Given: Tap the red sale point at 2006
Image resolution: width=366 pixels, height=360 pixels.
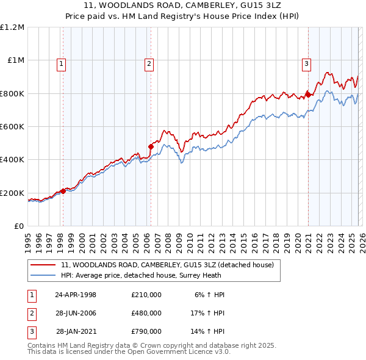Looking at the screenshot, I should click(151, 146).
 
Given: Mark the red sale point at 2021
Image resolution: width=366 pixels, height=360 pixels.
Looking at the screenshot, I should click(309, 95).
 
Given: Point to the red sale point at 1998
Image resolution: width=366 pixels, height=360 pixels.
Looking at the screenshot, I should click(63, 191).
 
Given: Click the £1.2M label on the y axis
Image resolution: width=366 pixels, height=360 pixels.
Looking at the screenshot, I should click(12, 27).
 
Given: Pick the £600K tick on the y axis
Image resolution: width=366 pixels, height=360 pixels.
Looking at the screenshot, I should click(12, 127).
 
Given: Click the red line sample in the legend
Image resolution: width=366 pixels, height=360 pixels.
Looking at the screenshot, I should click(43, 265).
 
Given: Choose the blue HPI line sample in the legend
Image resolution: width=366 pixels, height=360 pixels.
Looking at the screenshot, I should click(43, 275).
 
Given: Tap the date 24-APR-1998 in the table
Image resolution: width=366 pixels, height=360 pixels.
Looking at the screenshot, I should click(76, 295).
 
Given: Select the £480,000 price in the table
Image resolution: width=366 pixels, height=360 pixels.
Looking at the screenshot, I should click(146, 313).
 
